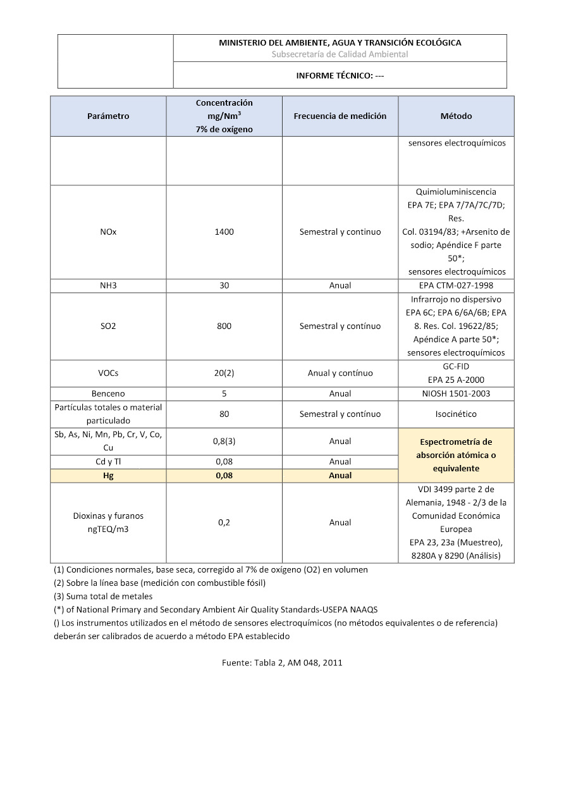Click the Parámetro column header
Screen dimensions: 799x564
(x=108, y=116)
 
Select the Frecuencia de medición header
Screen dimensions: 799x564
(x=340, y=116)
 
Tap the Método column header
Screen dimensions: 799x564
(x=456, y=116)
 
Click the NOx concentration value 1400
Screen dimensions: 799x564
(x=224, y=232)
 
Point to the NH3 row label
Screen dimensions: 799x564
(x=108, y=285)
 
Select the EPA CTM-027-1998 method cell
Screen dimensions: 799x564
(x=456, y=285)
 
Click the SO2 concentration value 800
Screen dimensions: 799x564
(x=224, y=326)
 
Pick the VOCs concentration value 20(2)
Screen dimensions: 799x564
(x=224, y=373)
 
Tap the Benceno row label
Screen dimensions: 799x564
(x=108, y=393)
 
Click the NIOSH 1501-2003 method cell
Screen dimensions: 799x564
(x=456, y=393)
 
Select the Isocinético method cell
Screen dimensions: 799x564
(x=456, y=414)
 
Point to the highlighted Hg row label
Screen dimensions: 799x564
(x=108, y=475)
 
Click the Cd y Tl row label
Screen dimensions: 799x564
(x=108, y=461)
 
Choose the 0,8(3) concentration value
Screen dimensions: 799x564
(x=224, y=441)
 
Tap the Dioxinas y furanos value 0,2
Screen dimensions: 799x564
(x=224, y=523)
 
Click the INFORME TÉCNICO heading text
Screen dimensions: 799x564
(x=340, y=75)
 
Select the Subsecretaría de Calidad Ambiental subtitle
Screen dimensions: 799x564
(x=340, y=54)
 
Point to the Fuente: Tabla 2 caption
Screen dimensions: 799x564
(x=282, y=662)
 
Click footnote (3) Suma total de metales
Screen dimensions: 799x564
(x=103, y=596)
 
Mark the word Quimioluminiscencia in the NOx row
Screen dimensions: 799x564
(x=456, y=192)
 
